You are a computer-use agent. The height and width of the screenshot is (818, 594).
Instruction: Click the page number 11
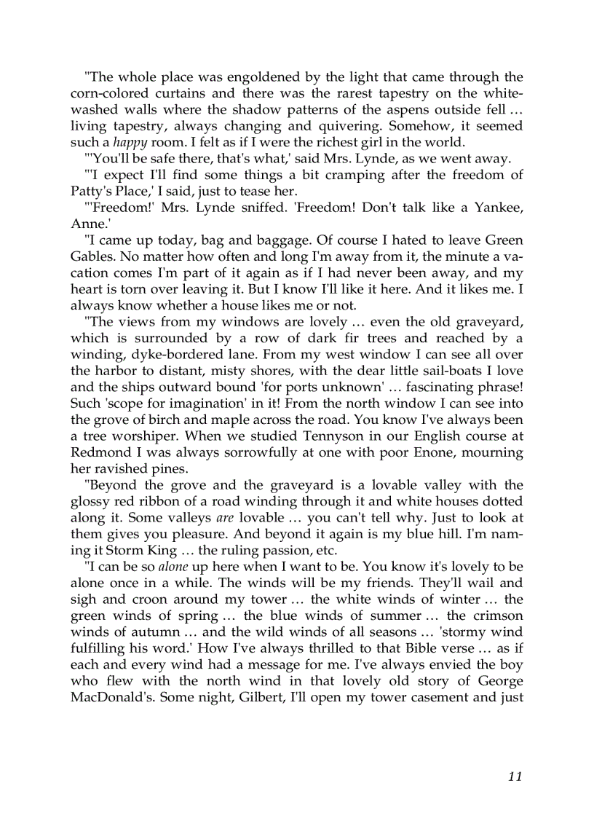(515, 776)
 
